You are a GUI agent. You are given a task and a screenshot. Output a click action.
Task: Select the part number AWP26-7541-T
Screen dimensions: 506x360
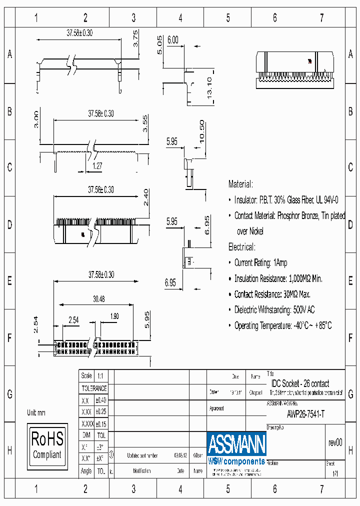pyautogui.click(x=305, y=414)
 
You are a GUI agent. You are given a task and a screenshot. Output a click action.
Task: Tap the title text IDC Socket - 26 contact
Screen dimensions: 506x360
pyautogui.click(x=300, y=383)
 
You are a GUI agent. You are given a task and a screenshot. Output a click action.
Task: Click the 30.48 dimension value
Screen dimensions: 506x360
pyautogui.click(x=98, y=298)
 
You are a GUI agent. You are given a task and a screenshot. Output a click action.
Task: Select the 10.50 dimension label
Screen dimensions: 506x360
pyautogui.click(x=201, y=131)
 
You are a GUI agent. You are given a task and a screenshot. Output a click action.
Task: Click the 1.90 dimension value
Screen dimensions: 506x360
pyautogui.click(x=114, y=316)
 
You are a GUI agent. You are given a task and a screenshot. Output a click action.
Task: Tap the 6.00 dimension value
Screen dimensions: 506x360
pyautogui.click(x=173, y=40)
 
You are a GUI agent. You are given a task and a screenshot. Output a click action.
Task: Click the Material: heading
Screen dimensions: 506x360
pyautogui.click(x=240, y=184)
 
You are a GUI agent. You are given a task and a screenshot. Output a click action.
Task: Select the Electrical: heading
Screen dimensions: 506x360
pyautogui.click(x=241, y=247)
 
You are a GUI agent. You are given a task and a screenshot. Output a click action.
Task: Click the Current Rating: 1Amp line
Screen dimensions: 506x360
pyautogui.click(x=260, y=262)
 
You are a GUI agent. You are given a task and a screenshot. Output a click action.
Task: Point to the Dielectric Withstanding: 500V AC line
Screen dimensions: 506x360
pyautogui.click(x=274, y=310)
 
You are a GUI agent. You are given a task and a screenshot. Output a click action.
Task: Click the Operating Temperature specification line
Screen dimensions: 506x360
pyautogui.click(x=282, y=325)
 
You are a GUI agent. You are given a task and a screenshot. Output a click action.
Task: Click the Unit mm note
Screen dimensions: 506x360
pyautogui.click(x=36, y=413)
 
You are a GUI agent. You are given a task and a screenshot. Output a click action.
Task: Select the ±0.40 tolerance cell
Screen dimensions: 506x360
pyautogui.click(x=100, y=400)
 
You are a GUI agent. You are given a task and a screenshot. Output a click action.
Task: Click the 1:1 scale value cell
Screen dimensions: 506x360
pyautogui.click(x=100, y=376)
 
